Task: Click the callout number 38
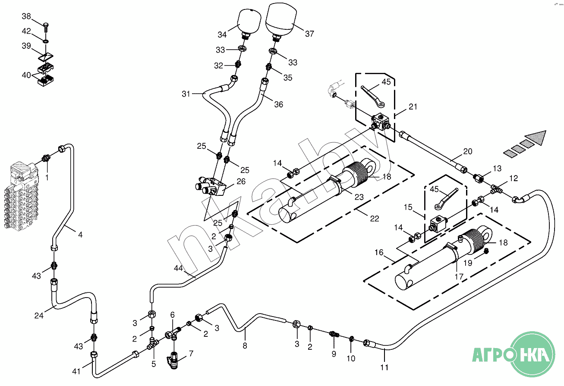(26, 16)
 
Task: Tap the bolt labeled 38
(46, 27)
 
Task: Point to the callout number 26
(241, 182)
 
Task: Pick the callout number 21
(413, 107)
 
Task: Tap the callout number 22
(375, 218)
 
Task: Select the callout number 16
(379, 252)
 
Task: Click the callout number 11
(384, 367)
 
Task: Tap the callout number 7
(191, 354)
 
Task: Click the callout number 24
(39, 316)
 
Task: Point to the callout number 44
(178, 268)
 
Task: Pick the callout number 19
(468, 263)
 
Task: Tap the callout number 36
(279, 104)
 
